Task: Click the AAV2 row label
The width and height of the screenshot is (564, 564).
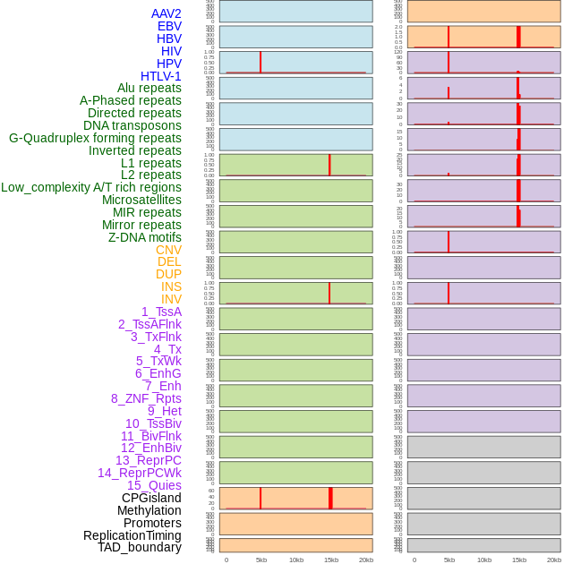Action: (x=166, y=13)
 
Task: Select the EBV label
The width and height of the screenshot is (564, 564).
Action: (x=169, y=26)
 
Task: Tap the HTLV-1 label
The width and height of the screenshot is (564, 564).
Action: (x=160, y=76)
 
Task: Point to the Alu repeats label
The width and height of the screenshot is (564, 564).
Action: (x=149, y=88)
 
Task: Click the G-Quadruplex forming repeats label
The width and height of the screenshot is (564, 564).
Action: (x=95, y=138)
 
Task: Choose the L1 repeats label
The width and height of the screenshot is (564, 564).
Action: (x=150, y=163)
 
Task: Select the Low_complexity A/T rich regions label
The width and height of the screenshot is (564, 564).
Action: (x=91, y=187)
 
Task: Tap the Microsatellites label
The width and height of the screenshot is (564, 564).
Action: (x=141, y=200)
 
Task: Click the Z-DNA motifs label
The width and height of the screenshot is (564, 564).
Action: (x=145, y=237)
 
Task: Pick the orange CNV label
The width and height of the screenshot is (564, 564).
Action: (x=168, y=250)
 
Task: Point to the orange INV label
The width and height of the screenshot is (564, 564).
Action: (x=171, y=299)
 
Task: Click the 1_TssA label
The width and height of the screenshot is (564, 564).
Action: (x=161, y=312)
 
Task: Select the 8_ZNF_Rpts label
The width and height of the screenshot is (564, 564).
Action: (x=146, y=398)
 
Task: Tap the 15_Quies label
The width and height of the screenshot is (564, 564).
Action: (x=154, y=485)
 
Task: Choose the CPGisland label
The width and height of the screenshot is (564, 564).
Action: (x=151, y=498)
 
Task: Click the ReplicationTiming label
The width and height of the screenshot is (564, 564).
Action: (x=132, y=535)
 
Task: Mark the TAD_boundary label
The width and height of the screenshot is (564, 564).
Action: (x=140, y=547)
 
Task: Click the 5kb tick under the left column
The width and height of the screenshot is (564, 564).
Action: (x=261, y=560)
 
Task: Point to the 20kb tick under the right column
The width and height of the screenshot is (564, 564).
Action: (x=554, y=560)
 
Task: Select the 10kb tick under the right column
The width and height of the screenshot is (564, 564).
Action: (x=484, y=560)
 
